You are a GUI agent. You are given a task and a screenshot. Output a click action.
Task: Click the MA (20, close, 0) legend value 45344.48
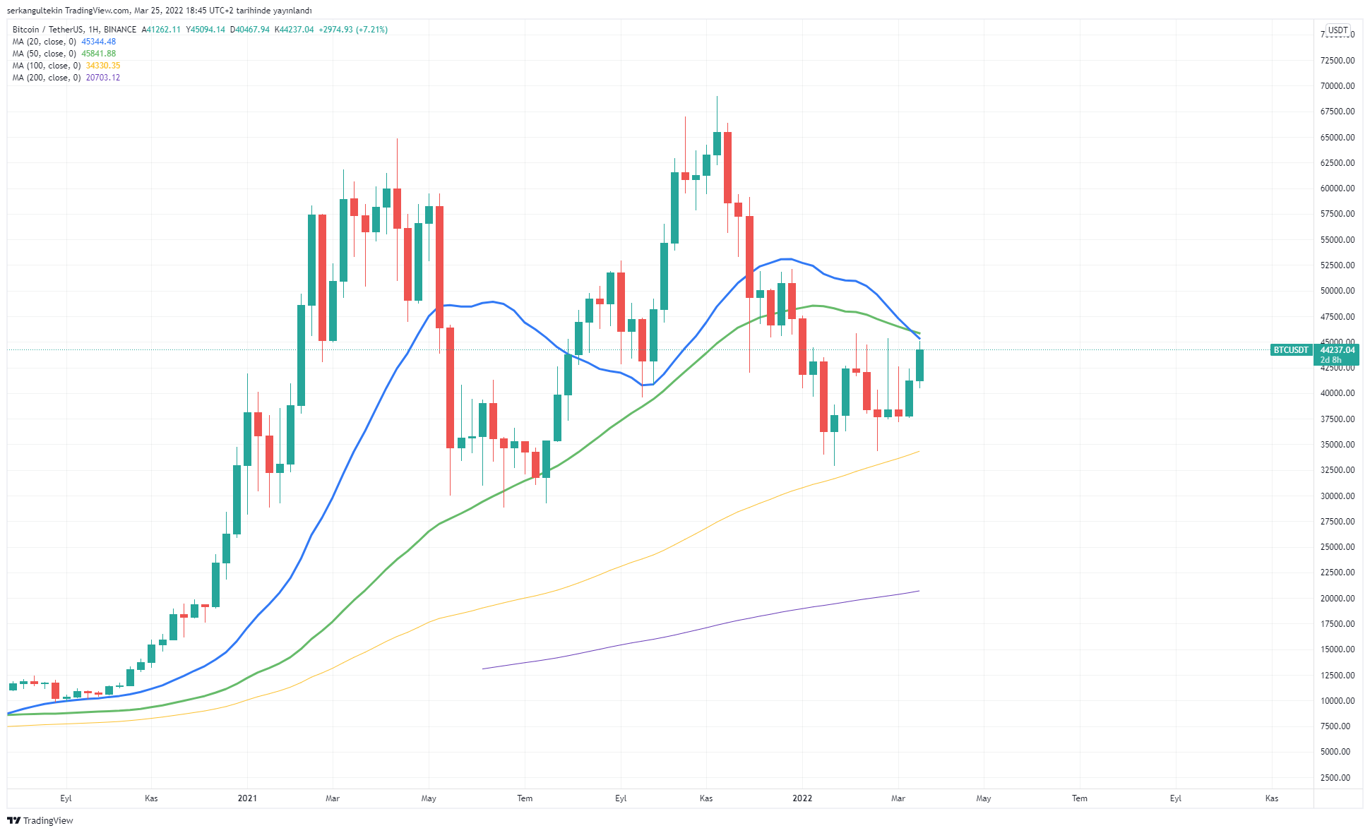(98, 42)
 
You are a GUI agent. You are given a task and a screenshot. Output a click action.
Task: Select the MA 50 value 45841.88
(98, 54)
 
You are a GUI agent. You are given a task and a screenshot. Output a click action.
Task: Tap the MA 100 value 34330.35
(102, 66)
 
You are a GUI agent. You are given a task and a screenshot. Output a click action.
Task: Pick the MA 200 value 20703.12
(102, 78)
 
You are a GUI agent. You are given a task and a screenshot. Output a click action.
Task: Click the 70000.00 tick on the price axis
(1338, 86)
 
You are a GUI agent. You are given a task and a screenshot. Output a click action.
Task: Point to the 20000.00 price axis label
(1338, 599)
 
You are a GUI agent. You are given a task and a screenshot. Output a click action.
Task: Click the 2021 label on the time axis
(247, 798)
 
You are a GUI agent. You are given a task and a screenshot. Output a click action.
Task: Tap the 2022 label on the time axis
(802, 798)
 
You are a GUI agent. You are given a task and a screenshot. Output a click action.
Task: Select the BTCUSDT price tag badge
(1291, 350)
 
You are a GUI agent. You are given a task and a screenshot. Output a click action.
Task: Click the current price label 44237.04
(1338, 350)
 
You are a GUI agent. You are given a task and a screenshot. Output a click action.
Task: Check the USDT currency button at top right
(1338, 30)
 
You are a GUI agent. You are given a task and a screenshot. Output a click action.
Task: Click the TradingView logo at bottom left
(40, 820)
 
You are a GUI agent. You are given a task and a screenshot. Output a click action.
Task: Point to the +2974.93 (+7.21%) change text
(353, 30)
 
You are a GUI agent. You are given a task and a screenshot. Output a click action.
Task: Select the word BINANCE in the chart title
(120, 30)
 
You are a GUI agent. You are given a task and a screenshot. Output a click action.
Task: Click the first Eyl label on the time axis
(66, 798)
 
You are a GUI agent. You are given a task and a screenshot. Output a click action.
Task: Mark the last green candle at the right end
(919, 365)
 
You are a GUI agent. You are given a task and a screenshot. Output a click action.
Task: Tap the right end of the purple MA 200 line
(919, 591)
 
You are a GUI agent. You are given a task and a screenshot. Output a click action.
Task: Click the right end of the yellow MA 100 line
(919, 451)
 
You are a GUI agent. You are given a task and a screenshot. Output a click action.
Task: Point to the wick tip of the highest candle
(717, 97)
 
